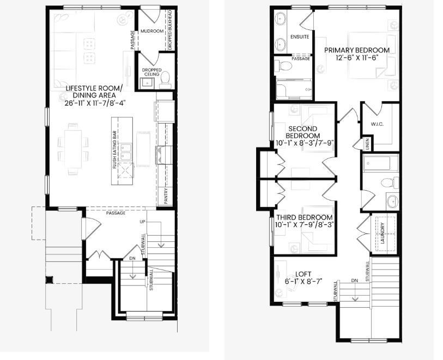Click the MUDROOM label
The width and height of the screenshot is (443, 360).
pyautogui.click(x=151, y=32)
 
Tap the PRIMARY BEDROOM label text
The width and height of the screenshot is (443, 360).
pyautogui.click(x=357, y=51)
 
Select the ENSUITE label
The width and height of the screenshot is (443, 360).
pyautogui.click(x=300, y=37)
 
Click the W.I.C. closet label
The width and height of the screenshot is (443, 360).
pyautogui.click(x=377, y=124)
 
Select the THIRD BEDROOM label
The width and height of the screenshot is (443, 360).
pyautogui.click(x=304, y=217)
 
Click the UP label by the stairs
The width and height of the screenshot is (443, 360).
pyautogui.click(x=143, y=222)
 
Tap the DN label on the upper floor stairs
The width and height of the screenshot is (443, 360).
pyautogui.click(x=354, y=280)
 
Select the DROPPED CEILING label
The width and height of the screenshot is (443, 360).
pyautogui.click(x=152, y=72)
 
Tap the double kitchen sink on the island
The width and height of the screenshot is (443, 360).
pyautogui.click(x=126, y=151)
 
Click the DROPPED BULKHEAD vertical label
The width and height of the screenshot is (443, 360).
pyautogui.click(x=170, y=30)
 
